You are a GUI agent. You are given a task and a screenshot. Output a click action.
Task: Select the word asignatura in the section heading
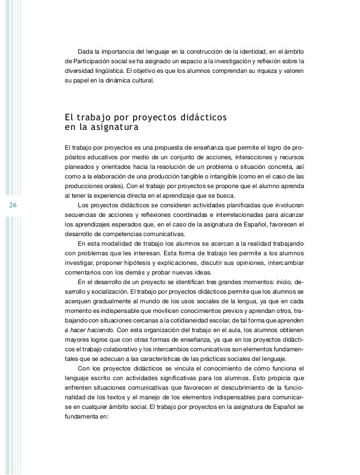[105, 128]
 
